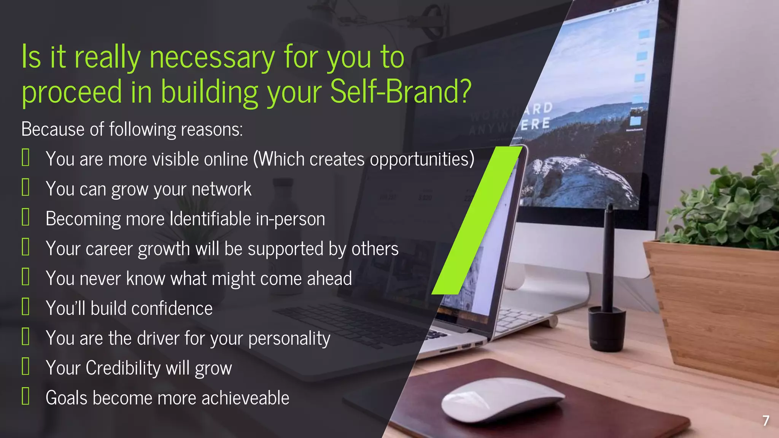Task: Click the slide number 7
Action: tap(766, 421)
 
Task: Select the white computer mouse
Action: tap(502, 399)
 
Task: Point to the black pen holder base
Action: tap(606, 329)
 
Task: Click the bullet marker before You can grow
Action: tap(25, 188)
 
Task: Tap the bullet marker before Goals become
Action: tap(25, 396)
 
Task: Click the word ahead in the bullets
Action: tap(329, 279)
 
